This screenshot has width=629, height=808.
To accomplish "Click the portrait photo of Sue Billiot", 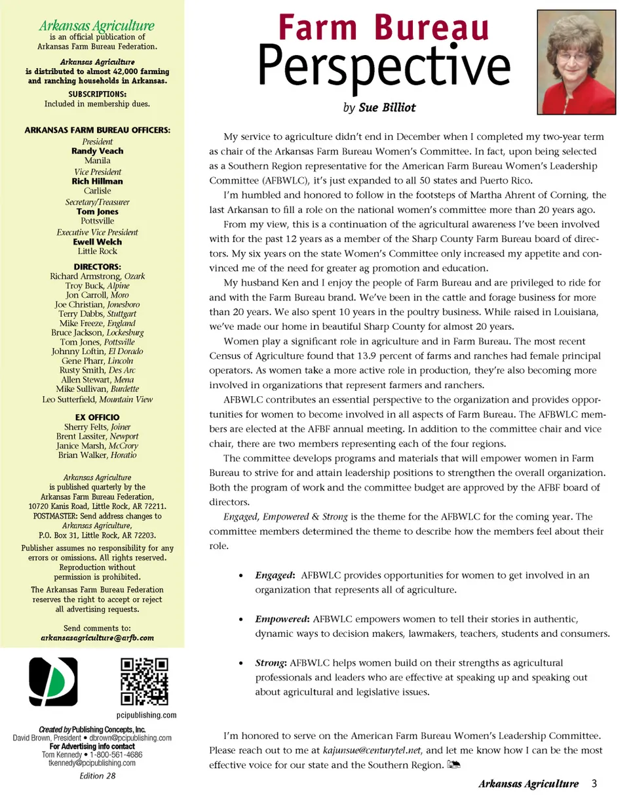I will (x=577, y=63).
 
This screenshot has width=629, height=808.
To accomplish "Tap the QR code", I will (x=144, y=681).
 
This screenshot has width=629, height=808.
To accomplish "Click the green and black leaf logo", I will (x=53, y=681).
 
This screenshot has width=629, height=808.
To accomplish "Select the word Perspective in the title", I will (x=384, y=66).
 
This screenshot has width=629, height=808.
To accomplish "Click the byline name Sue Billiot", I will (x=387, y=107).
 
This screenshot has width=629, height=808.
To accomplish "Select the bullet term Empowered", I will (x=282, y=618).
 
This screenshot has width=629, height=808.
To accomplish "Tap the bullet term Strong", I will (x=270, y=662).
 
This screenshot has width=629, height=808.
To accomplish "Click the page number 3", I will (x=594, y=783).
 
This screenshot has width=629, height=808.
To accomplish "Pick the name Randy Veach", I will (x=97, y=151).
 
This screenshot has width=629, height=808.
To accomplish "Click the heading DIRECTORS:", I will (x=97, y=267).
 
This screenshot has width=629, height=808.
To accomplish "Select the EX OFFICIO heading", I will (x=97, y=417).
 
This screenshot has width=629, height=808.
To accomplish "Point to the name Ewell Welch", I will (x=97, y=241).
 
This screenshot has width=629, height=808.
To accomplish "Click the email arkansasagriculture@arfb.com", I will (x=97, y=637).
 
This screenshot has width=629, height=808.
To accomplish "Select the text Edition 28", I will (x=97, y=776).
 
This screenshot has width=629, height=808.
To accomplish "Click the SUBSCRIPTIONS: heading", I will (x=97, y=94).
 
